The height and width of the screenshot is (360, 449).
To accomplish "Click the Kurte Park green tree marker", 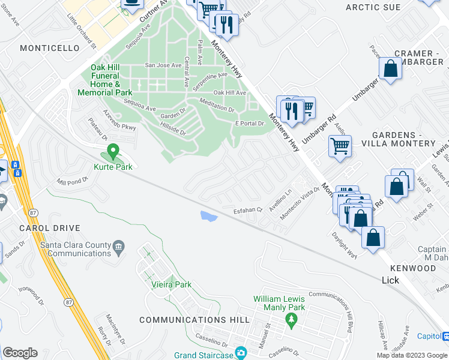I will pos(112,151).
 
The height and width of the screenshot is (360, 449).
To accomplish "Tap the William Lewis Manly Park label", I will pos(279,303).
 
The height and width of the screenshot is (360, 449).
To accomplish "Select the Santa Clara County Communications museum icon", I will pos(119,245).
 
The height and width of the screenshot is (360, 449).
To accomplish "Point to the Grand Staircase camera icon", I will pos(241,352).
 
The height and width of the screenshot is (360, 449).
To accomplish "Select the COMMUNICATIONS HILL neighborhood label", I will pos(194,320).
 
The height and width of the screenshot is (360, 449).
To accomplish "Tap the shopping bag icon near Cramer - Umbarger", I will pos(391,68).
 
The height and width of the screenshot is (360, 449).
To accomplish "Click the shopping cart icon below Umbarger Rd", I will pos(340,146).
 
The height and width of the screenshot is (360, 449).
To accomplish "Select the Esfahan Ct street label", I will pos(249,210).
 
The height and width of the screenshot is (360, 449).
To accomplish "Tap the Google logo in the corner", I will pos(20,352).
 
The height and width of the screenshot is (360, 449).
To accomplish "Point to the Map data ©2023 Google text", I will pos(412,355).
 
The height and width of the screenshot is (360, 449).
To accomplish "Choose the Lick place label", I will pos(390,280).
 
